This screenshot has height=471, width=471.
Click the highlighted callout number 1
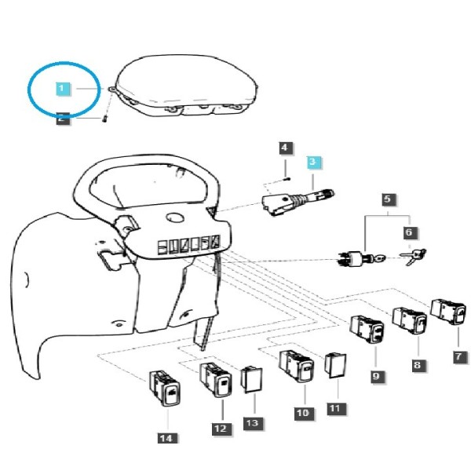[x=62, y=89]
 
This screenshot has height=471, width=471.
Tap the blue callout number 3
[x=313, y=162]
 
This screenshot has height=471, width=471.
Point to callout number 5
[x=388, y=199]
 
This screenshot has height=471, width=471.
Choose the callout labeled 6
[x=409, y=232]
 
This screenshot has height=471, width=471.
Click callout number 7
[x=459, y=356]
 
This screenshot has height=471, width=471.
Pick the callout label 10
[x=303, y=412]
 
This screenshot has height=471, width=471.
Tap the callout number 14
[x=166, y=438]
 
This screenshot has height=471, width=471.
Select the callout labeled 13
[x=253, y=424]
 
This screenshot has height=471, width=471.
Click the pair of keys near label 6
[x=413, y=257]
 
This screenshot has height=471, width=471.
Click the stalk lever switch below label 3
[x=298, y=201]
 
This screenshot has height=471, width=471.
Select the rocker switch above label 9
[x=367, y=329]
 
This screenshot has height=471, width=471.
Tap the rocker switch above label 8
[x=410, y=320]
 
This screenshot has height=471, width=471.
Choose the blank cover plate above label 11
[x=335, y=366]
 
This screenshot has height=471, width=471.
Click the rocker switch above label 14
[x=165, y=388]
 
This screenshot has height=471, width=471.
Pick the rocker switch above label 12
[x=216, y=380]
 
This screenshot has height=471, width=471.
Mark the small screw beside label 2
[x=104, y=119]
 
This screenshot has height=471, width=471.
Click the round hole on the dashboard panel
[x=175, y=217]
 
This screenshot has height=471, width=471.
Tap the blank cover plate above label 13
[x=251, y=379]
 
